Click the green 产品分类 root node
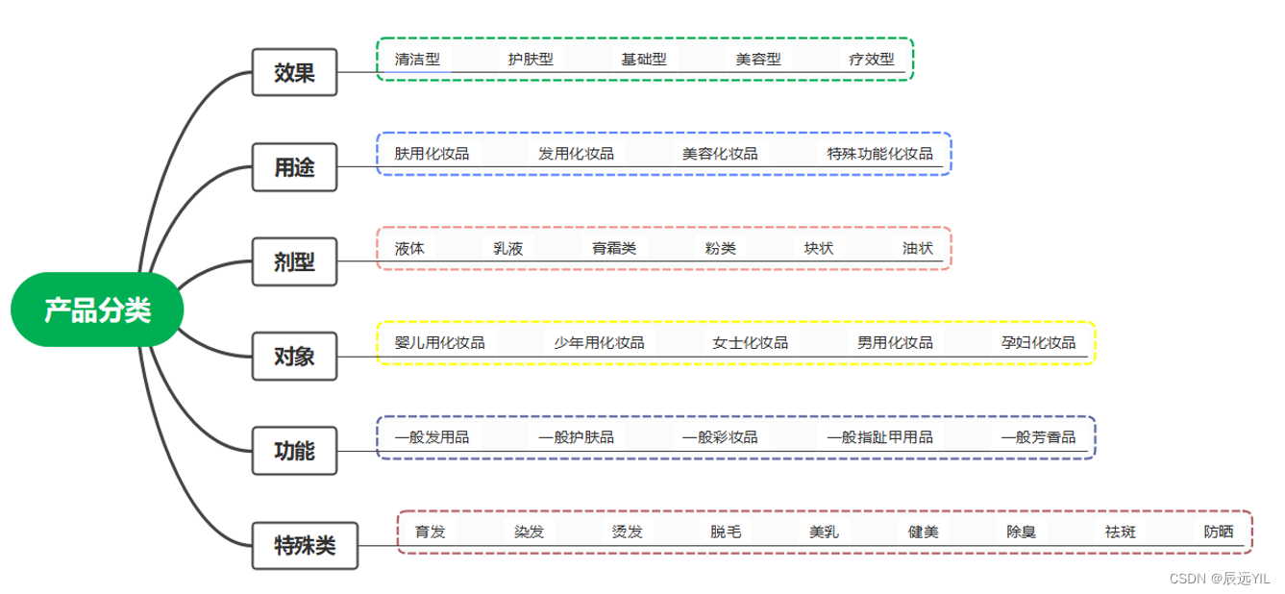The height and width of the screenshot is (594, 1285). pos(97,309)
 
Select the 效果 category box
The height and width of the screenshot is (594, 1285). pos(294,72)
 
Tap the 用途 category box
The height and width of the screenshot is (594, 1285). pos(294,167)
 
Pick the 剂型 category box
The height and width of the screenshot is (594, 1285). pos(294,261)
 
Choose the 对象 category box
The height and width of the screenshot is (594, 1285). pos(294,357)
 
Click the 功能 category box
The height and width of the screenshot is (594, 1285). pos(294,451)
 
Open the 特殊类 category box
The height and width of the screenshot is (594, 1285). pos(306,546)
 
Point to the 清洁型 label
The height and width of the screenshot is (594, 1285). pos(417,59)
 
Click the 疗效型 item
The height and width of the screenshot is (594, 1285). pos(871,59)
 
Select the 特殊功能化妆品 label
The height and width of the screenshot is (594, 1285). pos(879,153)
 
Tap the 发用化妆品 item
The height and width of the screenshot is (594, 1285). pos(576,153)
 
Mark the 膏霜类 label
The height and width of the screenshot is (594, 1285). pos(614,248)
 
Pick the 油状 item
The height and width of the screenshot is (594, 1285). pos(917,248)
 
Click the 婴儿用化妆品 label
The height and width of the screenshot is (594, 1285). pos(439,342)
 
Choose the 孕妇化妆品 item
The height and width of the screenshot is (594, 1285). pos(1038,342)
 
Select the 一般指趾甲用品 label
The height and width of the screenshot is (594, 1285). pos(879,437)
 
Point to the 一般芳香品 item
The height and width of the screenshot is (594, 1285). pos(1038,437)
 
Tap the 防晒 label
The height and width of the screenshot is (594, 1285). pos(1218,532)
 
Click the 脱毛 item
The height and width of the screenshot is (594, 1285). pos(726,532)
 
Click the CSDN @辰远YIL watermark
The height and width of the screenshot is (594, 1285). pos(1218,578)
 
